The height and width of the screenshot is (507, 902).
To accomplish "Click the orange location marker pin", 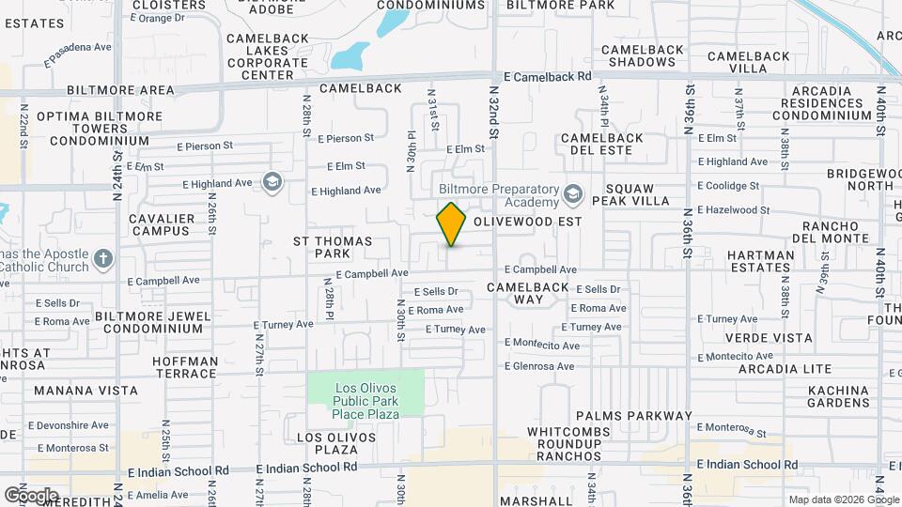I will (451, 224).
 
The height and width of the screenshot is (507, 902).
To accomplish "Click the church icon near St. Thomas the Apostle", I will (103, 257).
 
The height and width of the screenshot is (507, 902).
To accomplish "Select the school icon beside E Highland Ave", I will (272, 181).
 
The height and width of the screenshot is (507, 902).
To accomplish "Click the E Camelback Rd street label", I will (547, 76).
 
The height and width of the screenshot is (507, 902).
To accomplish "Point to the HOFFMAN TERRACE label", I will (184, 367).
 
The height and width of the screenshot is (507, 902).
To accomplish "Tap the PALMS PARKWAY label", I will (633, 416).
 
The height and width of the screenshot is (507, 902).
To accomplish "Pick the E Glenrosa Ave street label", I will (539, 366).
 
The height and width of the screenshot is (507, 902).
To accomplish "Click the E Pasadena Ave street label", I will (77, 54).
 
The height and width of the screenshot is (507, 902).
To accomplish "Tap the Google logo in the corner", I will (30, 495).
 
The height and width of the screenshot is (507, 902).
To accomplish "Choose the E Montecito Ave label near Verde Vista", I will (740, 356).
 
